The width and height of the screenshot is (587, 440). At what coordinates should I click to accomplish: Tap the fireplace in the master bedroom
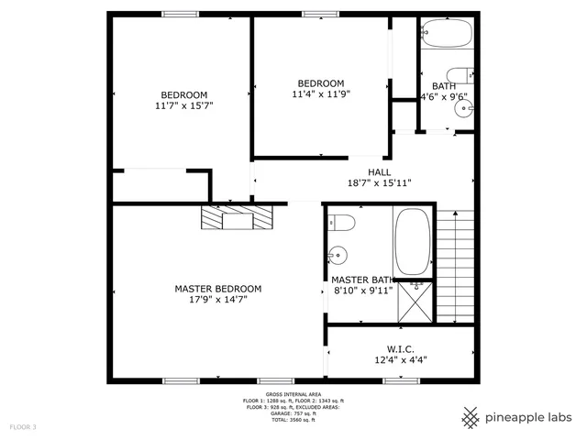pos(238,218)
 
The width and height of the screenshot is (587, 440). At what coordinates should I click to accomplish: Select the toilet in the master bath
pos(342,222)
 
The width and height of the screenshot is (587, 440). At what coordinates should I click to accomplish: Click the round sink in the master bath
pos(339,255)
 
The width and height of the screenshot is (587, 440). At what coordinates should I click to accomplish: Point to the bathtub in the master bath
pos(412,242)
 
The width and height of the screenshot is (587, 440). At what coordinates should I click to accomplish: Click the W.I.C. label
pos(401,347)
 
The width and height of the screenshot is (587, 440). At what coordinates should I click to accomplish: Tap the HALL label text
pos(379,172)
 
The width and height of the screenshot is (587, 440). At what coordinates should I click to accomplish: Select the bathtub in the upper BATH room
pos(447,34)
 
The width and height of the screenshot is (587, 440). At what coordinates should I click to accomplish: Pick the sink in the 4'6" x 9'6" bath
pos(464,110)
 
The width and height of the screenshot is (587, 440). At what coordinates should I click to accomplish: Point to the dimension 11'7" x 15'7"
pos(184,106)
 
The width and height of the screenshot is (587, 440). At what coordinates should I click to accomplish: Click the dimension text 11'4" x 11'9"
pos(321,93)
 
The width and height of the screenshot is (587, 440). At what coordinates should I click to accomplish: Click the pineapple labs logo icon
pos(471,417)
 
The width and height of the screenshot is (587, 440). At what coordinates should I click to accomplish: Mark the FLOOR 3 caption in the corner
pos(24,427)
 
